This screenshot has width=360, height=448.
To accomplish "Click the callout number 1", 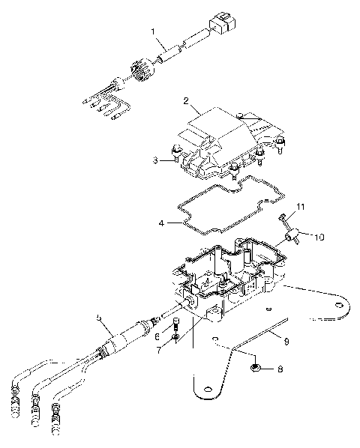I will pyautogui.click(x=154, y=33).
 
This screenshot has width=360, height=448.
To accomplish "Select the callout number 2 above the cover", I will pyautogui.click(x=185, y=99).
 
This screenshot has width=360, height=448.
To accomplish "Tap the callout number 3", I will pyautogui.click(x=154, y=160).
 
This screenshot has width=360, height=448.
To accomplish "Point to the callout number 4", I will pyautogui.click(x=160, y=223).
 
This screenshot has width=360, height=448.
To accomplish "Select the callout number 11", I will pyautogui.click(x=300, y=205).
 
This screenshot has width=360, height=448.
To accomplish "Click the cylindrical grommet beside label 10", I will pyautogui.click(x=291, y=238).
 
